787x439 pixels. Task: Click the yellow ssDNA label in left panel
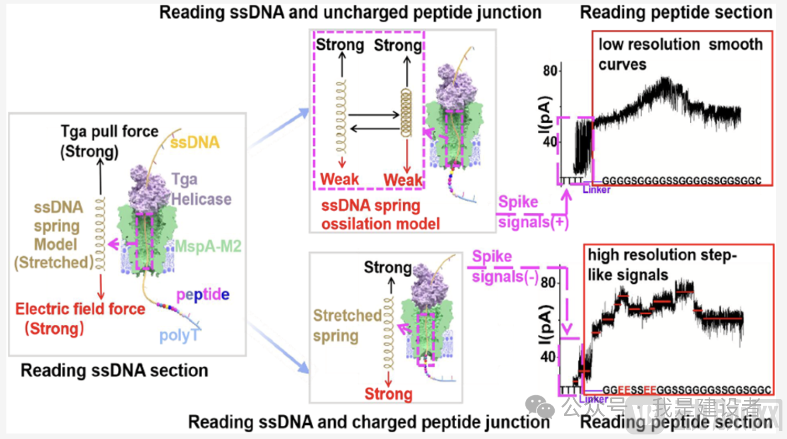point(195,143)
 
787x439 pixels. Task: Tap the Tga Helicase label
point(201,190)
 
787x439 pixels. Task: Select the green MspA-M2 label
point(208,247)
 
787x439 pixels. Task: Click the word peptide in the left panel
point(203,295)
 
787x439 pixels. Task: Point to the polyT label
point(178,336)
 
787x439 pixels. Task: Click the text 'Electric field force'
point(80,309)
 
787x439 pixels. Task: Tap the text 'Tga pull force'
point(110,132)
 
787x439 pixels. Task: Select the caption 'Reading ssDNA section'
point(114,370)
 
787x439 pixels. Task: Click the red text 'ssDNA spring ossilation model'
point(380,215)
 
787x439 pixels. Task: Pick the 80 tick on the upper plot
point(550,71)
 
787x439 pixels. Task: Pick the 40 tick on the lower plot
point(548,357)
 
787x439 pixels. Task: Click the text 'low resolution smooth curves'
point(680,54)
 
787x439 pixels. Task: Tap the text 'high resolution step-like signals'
point(662,264)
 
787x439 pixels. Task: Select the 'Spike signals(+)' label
point(532,212)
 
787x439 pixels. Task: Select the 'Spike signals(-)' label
point(505,267)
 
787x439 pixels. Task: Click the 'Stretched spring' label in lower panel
point(347,325)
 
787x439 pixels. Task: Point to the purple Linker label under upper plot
point(596,190)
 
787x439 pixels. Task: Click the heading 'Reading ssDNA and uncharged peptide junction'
point(350,13)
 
